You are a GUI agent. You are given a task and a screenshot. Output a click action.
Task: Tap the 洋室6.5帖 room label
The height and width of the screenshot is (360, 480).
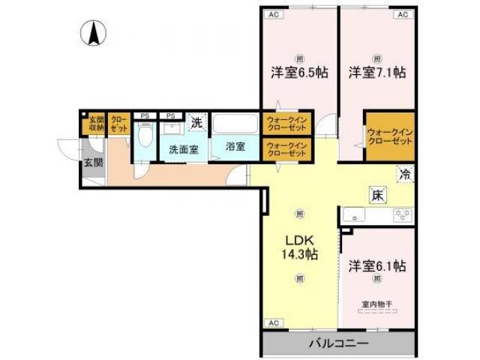pos(299,73)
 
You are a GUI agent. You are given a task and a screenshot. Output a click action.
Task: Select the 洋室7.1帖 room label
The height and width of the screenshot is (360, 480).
pos(376,73)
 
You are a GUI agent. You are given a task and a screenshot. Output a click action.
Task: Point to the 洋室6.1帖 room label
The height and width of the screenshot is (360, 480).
pos(376,266)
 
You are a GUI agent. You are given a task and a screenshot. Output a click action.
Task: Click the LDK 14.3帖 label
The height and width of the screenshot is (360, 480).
pos(300,247)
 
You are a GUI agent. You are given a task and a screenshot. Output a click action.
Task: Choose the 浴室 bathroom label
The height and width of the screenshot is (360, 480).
pos(235,147)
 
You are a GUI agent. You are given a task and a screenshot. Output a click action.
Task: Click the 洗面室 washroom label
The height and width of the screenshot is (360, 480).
pos(183,148)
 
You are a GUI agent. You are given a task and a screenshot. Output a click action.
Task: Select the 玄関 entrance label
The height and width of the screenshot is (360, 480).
pos(93,162)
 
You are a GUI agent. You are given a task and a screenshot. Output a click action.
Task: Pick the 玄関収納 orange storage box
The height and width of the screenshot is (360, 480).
pos(95,124)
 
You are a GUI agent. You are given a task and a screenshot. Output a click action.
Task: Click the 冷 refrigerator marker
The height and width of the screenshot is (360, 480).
pos(405,174)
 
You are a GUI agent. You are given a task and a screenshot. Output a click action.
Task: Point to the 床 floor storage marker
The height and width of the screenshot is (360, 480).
pos(376,195)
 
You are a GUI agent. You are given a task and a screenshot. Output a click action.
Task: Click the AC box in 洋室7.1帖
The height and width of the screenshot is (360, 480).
pos(402,13)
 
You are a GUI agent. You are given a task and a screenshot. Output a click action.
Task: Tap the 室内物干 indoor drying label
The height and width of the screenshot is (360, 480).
pos(376,304)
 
